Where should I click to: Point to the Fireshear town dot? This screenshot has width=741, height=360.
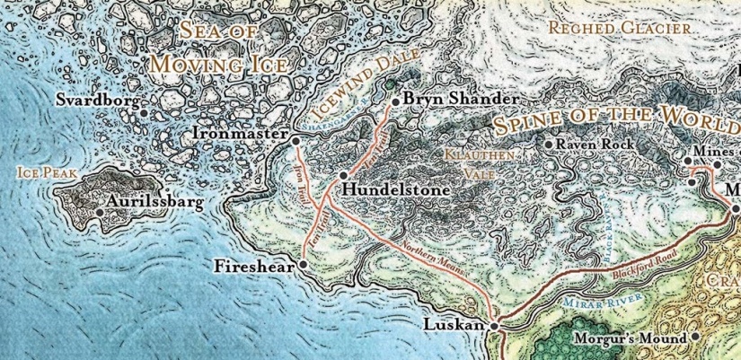(x=303, y=265)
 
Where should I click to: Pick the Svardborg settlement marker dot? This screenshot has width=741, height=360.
(x=144, y=102)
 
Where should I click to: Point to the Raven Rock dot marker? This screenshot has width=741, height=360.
(x=550, y=144)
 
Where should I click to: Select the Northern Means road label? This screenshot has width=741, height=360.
(x=428, y=259)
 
